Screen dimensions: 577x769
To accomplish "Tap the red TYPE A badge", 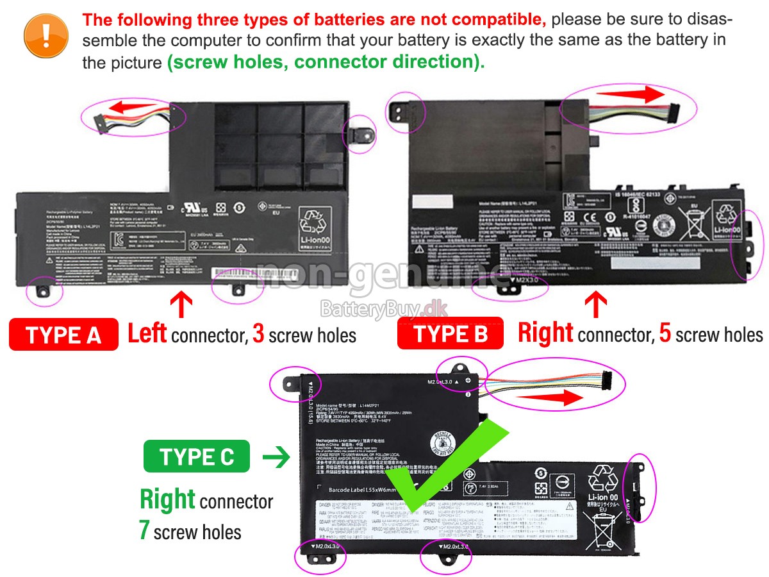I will pyautogui.click(x=63, y=334).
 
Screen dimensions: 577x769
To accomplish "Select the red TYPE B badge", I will pyautogui.click(x=451, y=334).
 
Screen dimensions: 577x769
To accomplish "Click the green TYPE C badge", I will pyautogui.click(x=197, y=457).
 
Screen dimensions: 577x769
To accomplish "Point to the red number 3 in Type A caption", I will pyautogui.click(x=258, y=333).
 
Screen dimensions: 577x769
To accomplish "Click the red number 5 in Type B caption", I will pyautogui.click(x=665, y=333).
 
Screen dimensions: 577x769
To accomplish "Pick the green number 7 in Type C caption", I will pyautogui.click(x=145, y=531).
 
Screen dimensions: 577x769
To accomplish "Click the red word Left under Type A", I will pyautogui.click(x=147, y=333).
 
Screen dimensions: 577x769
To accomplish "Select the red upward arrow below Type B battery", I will pyautogui.click(x=596, y=304).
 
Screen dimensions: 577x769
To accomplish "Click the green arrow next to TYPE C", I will pyautogui.click(x=276, y=457).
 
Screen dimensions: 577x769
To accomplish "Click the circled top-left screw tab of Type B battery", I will pyautogui.click(x=402, y=112).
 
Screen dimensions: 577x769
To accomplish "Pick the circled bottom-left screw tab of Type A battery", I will pyautogui.click(x=44, y=292).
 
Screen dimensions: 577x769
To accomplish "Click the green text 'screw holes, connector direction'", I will pyautogui.click(x=326, y=63).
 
